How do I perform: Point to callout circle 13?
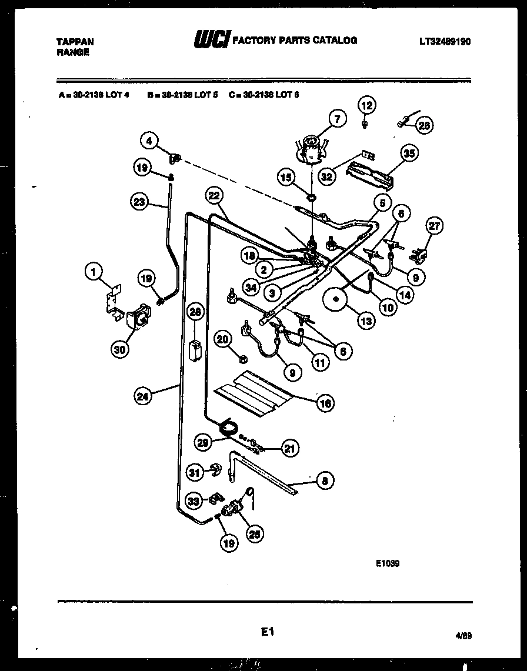click(365, 321)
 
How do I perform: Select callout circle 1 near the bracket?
click(92, 271)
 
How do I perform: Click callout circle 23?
click(138, 202)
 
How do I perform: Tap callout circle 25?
click(255, 533)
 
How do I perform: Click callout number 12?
click(366, 106)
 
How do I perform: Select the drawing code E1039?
click(388, 563)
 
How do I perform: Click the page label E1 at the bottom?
click(268, 632)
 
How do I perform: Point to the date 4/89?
click(463, 636)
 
